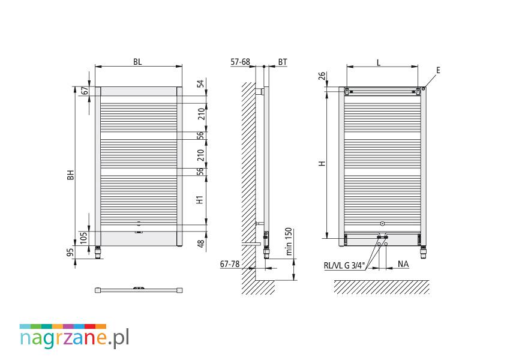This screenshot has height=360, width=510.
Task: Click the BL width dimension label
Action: click(137, 62)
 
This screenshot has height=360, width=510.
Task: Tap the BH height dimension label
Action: click(71, 175)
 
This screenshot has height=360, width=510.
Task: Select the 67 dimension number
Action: click(85, 91)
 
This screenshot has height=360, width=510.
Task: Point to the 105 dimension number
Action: click(83, 238)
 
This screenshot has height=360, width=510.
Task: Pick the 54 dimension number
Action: click(201, 83)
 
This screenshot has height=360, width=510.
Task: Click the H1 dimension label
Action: click(200, 199)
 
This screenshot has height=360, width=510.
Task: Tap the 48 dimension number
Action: click(201, 243)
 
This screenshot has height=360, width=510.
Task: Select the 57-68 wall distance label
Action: click(240, 62)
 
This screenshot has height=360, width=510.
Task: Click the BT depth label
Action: click(283, 62)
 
